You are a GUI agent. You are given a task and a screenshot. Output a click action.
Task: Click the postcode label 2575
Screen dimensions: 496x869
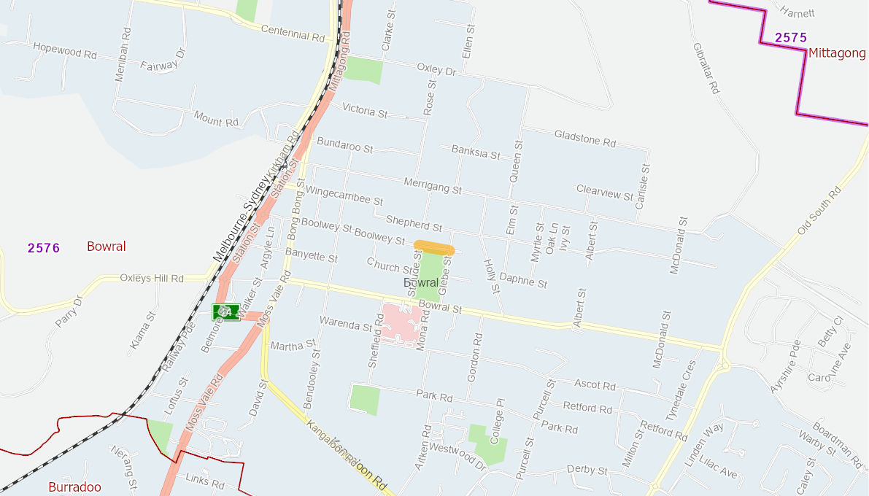click(x=791, y=37)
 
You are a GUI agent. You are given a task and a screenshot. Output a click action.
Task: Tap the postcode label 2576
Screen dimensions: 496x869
click(x=44, y=248)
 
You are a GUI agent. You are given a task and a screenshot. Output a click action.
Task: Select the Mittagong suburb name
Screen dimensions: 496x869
click(x=838, y=53)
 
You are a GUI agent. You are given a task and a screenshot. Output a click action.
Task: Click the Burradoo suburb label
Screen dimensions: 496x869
click(x=74, y=487)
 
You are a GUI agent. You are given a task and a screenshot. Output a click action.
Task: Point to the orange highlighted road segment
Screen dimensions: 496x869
click(x=434, y=248)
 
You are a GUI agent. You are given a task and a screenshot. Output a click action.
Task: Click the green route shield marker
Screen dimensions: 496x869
click(x=226, y=312)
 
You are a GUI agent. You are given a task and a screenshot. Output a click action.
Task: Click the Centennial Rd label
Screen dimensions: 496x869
click(x=293, y=33)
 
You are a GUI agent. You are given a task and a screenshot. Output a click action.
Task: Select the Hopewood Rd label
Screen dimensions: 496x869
click(x=65, y=50)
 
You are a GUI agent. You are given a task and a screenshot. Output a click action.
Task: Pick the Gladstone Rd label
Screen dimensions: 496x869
click(x=585, y=138)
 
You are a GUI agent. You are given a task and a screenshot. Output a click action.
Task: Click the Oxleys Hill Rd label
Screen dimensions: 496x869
click(x=152, y=278)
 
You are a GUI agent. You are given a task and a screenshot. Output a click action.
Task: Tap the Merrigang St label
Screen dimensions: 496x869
click(x=432, y=185)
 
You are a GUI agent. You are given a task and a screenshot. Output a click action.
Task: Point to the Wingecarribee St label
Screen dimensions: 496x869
click(x=344, y=195)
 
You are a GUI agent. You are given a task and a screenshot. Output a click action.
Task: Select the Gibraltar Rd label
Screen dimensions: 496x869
click(x=706, y=68)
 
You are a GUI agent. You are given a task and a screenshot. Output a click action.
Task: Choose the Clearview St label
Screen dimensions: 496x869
click(x=604, y=193)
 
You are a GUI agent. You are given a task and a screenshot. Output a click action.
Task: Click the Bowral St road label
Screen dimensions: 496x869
click(x=441, y=309)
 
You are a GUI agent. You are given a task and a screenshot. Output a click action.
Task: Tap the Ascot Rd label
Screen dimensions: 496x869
click(x=595, y=384)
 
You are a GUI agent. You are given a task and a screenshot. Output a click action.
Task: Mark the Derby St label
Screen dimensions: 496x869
click(x=587, y=470)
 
